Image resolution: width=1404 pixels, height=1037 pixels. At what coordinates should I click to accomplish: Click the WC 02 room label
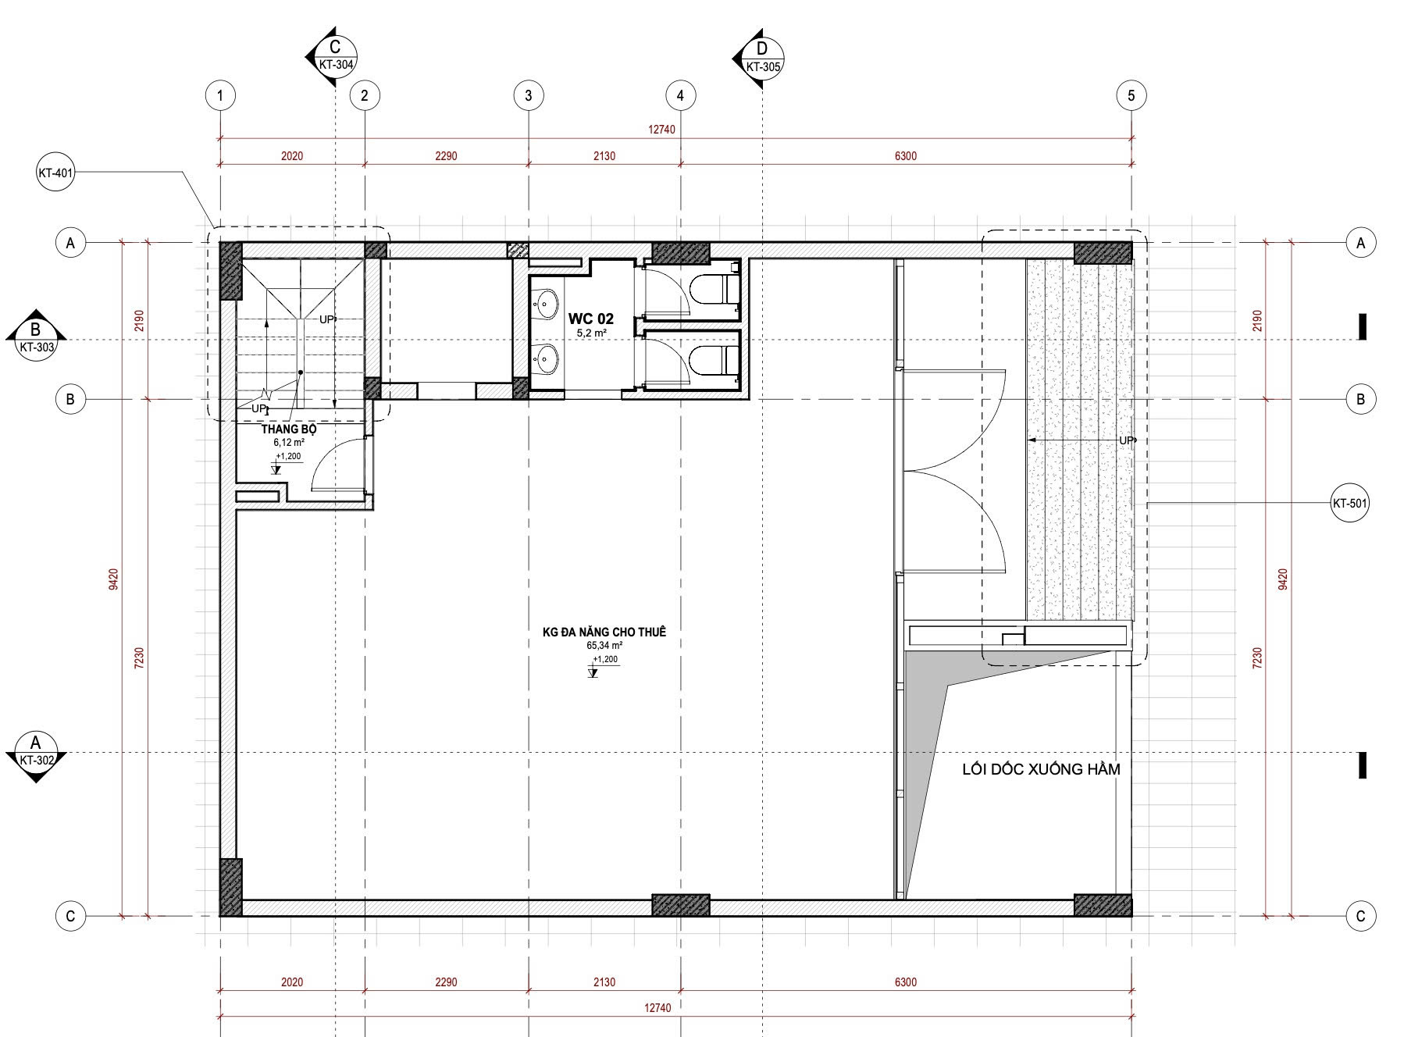590,319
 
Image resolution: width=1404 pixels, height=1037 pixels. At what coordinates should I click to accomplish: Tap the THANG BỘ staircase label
289,429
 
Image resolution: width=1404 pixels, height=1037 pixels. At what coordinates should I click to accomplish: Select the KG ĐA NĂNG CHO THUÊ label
604,633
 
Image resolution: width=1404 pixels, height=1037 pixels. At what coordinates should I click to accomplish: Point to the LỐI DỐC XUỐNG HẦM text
1041,770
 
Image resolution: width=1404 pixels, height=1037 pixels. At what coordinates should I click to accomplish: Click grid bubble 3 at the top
529,96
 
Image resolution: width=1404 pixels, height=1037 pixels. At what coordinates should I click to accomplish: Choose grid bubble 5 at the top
1131,96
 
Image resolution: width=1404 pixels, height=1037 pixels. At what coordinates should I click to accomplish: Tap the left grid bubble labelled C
70,916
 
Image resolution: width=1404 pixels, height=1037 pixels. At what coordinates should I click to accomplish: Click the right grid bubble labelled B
1361,399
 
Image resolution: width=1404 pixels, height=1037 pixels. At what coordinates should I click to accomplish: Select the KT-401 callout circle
55,173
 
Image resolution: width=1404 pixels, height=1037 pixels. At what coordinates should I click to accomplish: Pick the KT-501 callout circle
1349,504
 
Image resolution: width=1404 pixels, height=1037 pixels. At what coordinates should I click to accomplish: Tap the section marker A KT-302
35,754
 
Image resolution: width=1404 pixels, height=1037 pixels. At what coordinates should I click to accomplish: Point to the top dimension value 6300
906,156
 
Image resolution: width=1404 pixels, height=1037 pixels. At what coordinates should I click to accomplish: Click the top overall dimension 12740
661,130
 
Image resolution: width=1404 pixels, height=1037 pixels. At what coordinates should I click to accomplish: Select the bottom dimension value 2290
446,982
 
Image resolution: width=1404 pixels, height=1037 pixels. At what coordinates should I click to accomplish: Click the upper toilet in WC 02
715,290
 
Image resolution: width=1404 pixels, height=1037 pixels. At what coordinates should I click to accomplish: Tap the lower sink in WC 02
547,359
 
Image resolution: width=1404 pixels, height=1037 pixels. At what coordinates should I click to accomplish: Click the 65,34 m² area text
604,646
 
